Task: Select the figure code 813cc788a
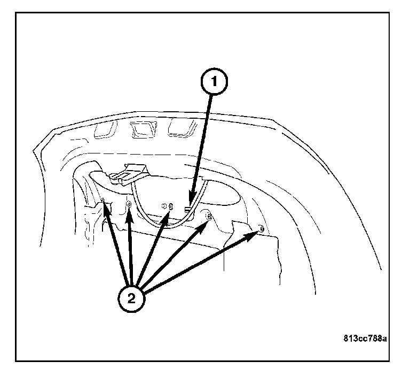click(365, 339)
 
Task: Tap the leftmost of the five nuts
click(102, 201)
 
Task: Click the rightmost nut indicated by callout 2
click(261, 229)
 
